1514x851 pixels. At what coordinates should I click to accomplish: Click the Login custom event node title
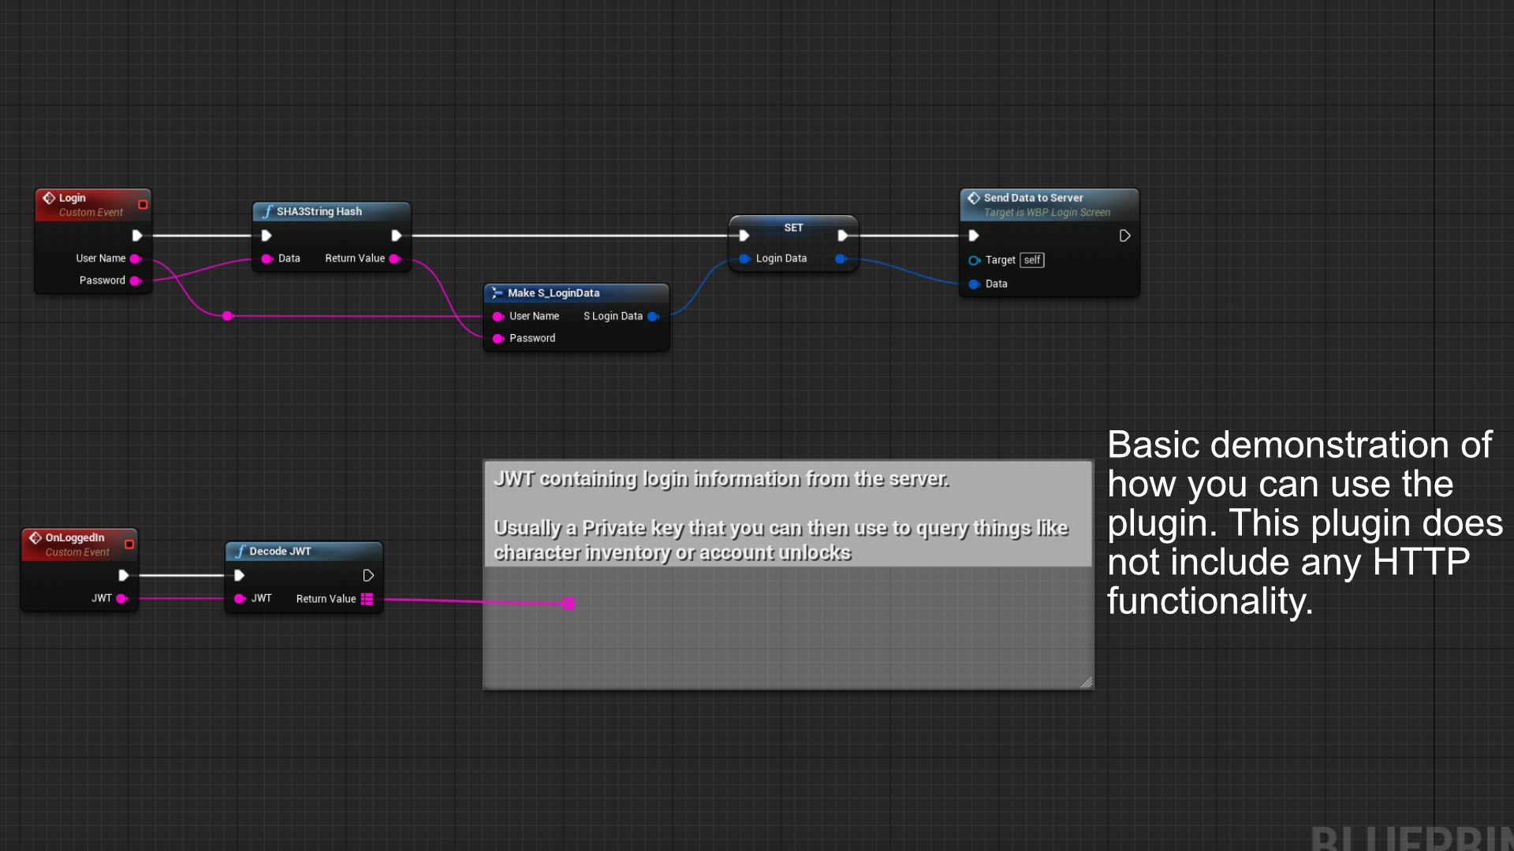[x=73, y=198]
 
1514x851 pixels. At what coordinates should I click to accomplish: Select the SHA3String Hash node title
[x=319, y=211]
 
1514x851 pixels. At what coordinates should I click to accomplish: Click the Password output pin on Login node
[x=135, y=281]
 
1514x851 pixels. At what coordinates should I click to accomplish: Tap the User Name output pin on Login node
[x=135, y=258]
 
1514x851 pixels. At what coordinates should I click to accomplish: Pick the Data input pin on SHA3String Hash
[x=267, y=258]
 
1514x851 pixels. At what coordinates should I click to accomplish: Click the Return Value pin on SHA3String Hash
[x=394, y=258]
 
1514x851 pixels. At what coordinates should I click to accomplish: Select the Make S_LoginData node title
[x=553, y=293]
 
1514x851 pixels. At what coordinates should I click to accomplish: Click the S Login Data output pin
[x=652, y=317]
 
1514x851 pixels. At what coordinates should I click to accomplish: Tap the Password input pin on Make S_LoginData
[x=498, y=339]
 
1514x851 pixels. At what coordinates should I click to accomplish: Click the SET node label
[x=793, y=228]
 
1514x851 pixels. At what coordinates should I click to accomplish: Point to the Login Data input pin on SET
[x=744, y=258]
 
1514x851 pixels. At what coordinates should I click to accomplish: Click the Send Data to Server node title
[x=1033, y=198]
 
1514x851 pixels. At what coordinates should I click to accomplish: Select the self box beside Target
[x=1031, y=260]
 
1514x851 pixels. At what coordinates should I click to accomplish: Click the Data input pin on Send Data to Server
[x=975, y=284]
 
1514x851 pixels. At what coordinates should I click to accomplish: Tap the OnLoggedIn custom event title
[x=75, y=537]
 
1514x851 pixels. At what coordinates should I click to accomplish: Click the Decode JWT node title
[x=280, y=551]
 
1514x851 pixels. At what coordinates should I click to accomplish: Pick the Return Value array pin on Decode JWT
[x=367, y=599]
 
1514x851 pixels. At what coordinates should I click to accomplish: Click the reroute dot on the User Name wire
[x=227, y=316]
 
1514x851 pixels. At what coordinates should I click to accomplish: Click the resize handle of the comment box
[x=1086, y=682]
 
